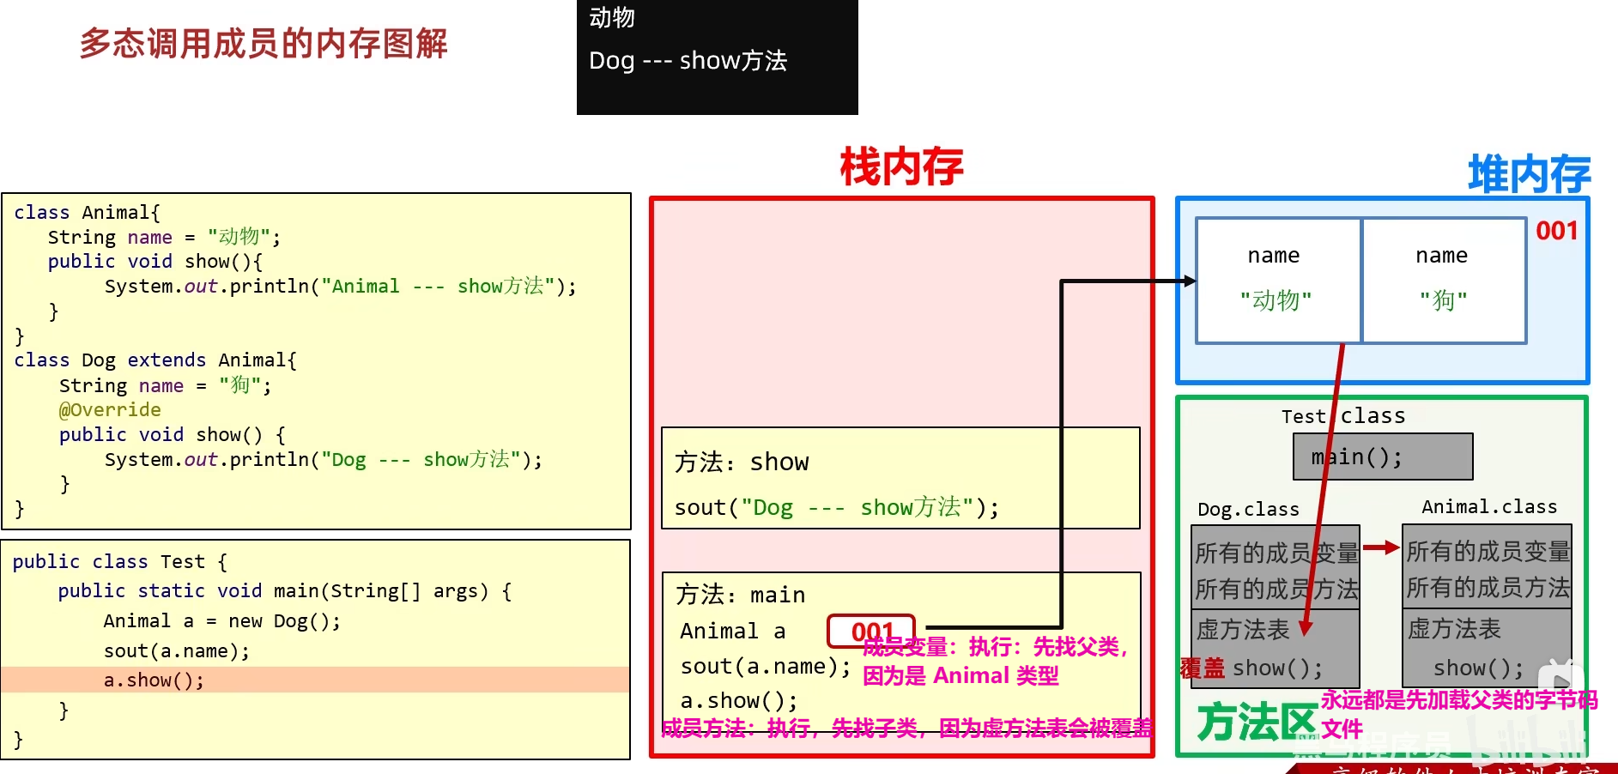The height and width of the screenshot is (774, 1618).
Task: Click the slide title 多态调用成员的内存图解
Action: pyautogui.click(x=264, y=44)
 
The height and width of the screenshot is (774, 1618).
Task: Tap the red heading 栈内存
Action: pyautogui.click(x=901, y=166)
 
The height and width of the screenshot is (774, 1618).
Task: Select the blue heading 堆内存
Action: pyautogui.click(x=1529, y=174)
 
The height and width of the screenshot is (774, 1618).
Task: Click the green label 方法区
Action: pyautogui.click(x=1257, y=722)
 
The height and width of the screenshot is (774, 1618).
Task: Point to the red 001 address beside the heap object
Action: pyautogui.click(x=1556, y=231)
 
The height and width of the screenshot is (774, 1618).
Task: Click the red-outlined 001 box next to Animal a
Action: pyautogui.click(x=871, y=632)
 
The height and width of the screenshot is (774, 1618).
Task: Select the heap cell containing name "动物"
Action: pyautogui.click(x=1276, y=280)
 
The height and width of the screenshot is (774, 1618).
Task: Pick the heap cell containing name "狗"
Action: pyautogui.click(x=1443, y=280)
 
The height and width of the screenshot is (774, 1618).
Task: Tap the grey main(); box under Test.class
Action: pyautogui.click(x=1383, y=457)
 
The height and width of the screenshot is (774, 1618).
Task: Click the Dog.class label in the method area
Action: pyautogui.click(x=1248, y=510)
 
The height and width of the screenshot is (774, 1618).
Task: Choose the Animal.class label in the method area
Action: pyautogui.click(x=1489, y=507)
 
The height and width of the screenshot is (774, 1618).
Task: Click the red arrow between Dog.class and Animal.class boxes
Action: pyautogui.click(x=1380, y=547)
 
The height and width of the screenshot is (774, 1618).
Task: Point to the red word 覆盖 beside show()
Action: pyautogui.click(x=1202, y=668)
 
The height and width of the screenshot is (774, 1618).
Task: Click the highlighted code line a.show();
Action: pyautogui.click(x=155, y=680)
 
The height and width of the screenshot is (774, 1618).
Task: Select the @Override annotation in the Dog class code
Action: pyautogui.click(x=110, y=410)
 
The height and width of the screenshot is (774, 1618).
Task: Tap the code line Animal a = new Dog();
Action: pyautogui.click(x=221, y=621)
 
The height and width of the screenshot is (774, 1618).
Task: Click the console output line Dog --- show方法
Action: pyautogui.click(x=688, y=61)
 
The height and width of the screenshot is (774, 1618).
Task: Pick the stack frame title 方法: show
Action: pyautogui.click(x=742, y=463)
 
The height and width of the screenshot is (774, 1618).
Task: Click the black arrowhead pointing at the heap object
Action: pyautogui.click(x=1190, y=281)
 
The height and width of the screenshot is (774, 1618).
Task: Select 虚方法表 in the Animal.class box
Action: pyautogui.click(x=1454, y=629)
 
